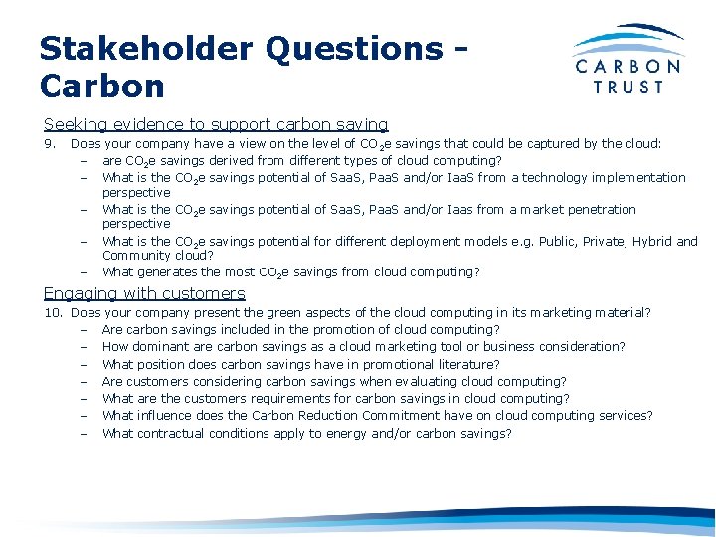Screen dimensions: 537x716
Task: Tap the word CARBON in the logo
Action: coord(628,67)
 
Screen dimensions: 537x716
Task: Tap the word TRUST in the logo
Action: coord(628,87)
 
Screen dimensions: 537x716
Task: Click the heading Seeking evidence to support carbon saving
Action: coord(216,125)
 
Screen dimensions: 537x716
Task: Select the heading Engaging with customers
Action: coord(144,293)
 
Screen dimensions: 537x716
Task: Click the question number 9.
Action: coord(49,143)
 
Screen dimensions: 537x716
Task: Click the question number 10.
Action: coord(53,312)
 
